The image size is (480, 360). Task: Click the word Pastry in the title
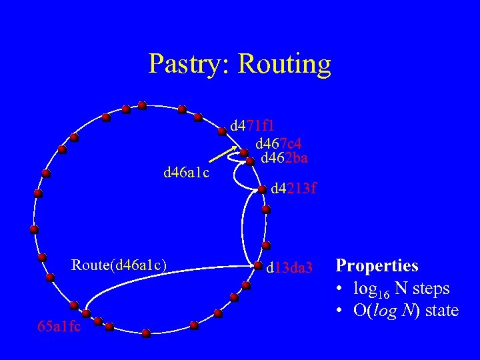pyautogui.click(x=187, y=64)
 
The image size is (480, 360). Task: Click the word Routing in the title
pyautogui.click(x=284, y=64)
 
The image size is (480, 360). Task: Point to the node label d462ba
pyautogui.click(x=284, y=158)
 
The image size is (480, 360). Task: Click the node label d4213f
pyautogui.click(x=293, y=189)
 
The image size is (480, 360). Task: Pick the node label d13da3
pyautogui.click(x=289, y=269)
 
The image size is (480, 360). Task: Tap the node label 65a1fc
pyautogui.click(x=59, y=327)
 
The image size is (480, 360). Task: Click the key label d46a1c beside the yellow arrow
pyautogui.click(x=187, y=173)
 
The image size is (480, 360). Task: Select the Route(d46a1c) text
pyautogui.click(x=119, y=265)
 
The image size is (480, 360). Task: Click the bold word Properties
pyautogui.click(x=377, y=265)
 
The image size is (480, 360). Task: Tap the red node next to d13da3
pyautogui.click(x=258, y=265)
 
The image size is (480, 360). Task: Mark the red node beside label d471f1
pyautogui.click(x=222, y=131)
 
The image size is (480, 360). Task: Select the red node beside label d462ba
pyautogui.click(x=250, y=161)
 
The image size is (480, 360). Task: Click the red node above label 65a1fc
pyautogui.click(x=85, y=313)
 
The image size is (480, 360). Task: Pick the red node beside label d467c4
pyautogui.click(x=244, y=153)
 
